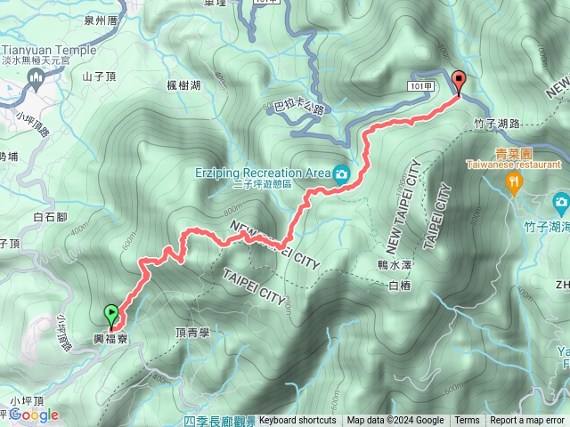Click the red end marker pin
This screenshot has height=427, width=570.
point(459,81)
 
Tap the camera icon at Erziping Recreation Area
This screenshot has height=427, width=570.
point(340,175)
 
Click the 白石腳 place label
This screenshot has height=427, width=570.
point(49,216)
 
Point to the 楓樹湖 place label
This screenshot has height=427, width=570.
point(183,85)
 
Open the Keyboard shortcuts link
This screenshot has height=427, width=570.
point(297,420)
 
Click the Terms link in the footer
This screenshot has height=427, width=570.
point(467,420)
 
